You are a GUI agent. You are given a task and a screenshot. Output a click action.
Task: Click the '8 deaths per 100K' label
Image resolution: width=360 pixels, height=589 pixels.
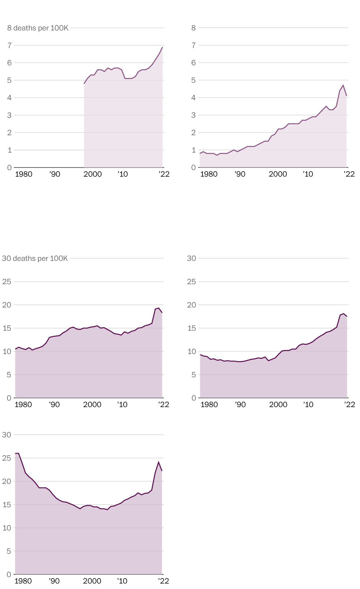[38, 28]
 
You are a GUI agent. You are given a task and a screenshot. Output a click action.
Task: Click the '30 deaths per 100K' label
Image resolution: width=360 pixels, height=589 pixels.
[35, 258]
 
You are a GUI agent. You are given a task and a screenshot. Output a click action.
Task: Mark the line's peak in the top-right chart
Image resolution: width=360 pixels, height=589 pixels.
[343, 85]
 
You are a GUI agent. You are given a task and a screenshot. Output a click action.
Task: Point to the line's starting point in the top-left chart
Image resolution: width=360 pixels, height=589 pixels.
[84, 84]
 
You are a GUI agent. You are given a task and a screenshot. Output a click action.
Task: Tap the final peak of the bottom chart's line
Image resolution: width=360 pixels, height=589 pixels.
[159, 462]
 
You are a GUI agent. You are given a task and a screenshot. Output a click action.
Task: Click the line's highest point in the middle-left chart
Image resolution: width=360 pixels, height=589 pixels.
[159, 308]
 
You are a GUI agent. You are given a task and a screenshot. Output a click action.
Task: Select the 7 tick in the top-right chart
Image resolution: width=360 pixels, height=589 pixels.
[193, 45]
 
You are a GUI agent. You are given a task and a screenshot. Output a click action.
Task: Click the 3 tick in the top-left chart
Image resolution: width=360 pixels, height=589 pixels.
[10, 115]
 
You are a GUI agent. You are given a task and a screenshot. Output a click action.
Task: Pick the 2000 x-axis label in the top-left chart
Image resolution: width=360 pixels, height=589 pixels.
[93, 174]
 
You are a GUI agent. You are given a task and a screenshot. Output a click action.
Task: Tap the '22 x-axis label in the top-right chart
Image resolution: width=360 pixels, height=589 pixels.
[349, 174]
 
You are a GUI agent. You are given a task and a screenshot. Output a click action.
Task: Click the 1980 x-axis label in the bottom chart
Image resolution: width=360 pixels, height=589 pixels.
[23, 581]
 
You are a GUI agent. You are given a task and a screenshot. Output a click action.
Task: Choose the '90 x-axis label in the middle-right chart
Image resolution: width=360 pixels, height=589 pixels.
[240, 404]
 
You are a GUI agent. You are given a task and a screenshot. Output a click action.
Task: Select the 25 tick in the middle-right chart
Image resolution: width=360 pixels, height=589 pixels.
[191, 282]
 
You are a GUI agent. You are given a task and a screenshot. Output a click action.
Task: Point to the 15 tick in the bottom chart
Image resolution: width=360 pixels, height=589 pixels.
[7, 505]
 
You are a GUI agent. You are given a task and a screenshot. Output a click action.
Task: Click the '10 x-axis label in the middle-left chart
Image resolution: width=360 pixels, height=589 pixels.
[122, 404]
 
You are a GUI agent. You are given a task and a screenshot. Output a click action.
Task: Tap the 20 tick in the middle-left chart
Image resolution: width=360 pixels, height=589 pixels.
[7, 305]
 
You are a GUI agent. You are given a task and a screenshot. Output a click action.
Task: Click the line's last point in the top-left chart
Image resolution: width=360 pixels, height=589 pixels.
[163, 47]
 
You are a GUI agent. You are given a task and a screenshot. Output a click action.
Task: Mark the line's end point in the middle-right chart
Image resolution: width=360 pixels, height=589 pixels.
[347, 316]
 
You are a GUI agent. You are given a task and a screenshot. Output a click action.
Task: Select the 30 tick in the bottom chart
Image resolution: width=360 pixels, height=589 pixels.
[7, 435]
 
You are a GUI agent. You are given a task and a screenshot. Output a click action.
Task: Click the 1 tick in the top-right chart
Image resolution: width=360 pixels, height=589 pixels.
[193, 150]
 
